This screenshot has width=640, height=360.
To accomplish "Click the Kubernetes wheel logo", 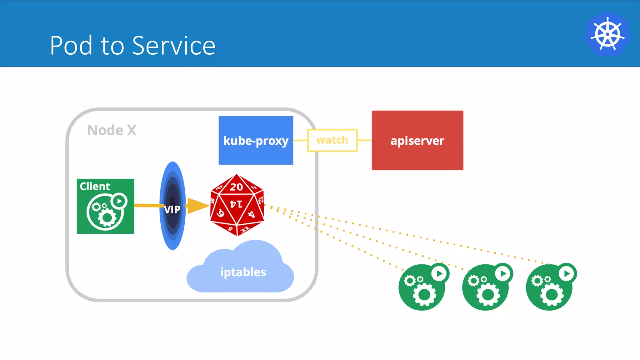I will pos(607,34).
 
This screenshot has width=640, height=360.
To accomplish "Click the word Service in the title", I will pos(174,46).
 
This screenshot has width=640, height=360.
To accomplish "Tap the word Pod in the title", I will pos(71,46).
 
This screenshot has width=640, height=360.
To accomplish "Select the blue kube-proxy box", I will pos(256,140).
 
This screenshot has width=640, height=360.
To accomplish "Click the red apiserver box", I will pos(417,140).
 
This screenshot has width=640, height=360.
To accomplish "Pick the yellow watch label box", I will pos(332,140).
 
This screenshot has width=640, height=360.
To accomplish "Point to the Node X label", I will pos(112,130).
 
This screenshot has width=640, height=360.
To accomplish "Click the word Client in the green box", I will pos(95,186).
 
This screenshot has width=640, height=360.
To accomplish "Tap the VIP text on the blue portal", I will pos(172,209).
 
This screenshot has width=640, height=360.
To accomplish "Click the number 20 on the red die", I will pos(236,187).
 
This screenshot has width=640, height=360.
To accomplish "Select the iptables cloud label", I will pos(243,272).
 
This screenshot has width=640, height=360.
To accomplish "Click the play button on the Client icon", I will pos(119,201).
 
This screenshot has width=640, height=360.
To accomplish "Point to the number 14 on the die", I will pos(236,204).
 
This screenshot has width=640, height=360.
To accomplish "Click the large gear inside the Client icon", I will pos(107,217).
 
